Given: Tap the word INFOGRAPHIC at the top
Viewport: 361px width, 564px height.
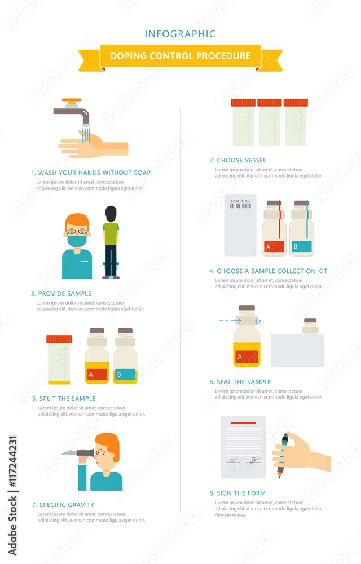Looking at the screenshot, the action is tap(180, 34).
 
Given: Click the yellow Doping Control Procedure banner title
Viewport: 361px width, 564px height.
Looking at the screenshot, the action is tap(180, 56).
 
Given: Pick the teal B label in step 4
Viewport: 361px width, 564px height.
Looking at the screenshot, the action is tap(302, 246).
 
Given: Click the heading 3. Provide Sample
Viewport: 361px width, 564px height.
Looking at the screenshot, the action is tap(61, 293).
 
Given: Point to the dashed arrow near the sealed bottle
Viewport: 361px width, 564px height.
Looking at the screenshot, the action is tap(230, 320).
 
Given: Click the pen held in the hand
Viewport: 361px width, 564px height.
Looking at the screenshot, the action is tap(282, 455).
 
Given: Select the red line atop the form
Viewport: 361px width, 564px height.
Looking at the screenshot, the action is tap(244, 423).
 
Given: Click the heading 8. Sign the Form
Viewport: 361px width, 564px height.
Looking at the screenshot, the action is tap(237, 493).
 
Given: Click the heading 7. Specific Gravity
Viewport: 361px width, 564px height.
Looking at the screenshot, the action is tap(63, 505).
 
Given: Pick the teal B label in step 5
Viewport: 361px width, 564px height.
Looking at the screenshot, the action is tap(125, 374).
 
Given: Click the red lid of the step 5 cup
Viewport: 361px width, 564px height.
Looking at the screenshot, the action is tap(59, 339).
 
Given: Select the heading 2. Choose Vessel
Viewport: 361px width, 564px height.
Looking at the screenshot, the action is tap(237, 160).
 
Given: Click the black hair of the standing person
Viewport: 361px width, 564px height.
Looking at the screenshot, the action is tap(111, 214).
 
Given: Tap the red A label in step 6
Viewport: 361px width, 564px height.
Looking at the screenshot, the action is tap(247, 357).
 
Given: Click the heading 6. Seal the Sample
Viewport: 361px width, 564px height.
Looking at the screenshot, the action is tap(240, 382).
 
